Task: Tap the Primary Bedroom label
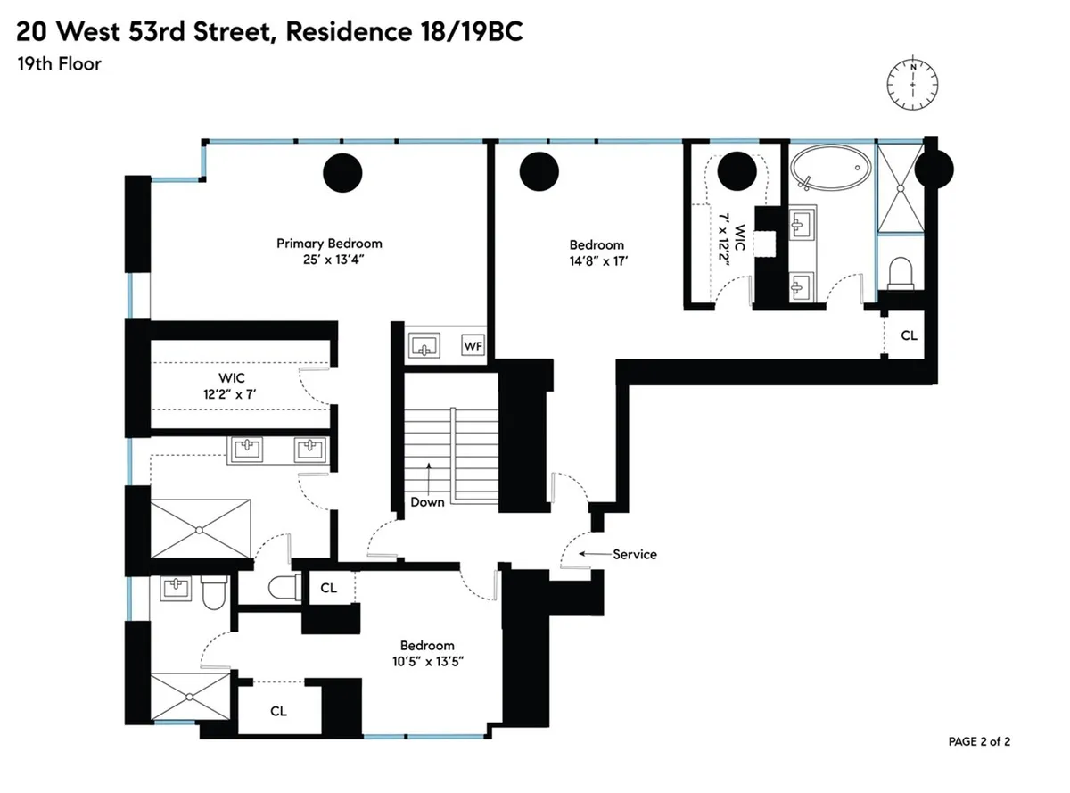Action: click(329, 244)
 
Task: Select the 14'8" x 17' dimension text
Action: click(597, 261)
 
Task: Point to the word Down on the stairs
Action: click(427, 501)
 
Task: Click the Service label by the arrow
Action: click(634, 554)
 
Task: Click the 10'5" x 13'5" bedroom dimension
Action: click(426, 661)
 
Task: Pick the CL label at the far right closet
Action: click(908, 336)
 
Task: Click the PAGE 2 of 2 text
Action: click(979, 741)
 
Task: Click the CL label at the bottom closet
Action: click(278, 711)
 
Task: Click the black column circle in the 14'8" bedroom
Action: click(539, 172)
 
